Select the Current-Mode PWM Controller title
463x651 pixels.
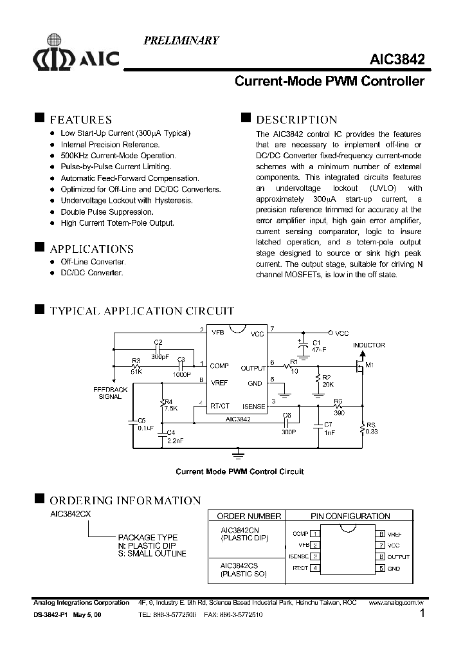click(x=329, y=82)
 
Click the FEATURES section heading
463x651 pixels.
click(x=80, y=120)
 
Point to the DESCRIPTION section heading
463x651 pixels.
click(x=296, y=120)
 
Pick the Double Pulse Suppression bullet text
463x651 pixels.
click(x=107, y=212)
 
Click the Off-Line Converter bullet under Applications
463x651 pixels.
click(x=93, y=262)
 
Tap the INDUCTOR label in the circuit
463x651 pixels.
click(x=368, y=345)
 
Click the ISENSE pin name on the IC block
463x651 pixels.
click(x=253, y=406)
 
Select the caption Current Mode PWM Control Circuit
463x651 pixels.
click(x=239, y=472)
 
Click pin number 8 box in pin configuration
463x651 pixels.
click(x=381, y=533)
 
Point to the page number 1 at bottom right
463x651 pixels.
click(x=422, y=614)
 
